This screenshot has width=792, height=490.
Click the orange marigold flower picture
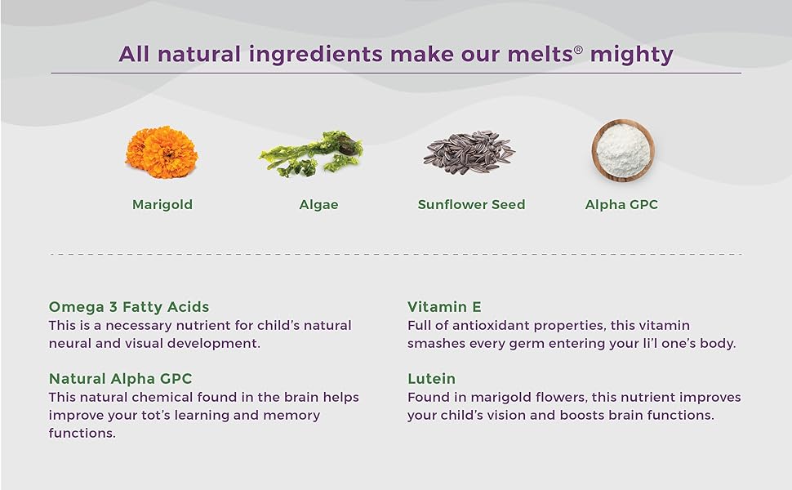pyautogui.click(x=161, y=152)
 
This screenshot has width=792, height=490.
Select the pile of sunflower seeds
pyautogui.click(x=469, y=152)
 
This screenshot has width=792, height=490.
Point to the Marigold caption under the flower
pyautogui.click(x=162, y=205)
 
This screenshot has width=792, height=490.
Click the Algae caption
pyautogui.click(x=318, y=205)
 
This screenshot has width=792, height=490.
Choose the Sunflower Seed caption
pyautogui.click(x=471, y=205)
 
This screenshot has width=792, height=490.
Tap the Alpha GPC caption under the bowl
pyautogui.click(x=621, y=205)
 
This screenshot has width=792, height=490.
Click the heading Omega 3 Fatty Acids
pyautogui.click(x=129, y=307)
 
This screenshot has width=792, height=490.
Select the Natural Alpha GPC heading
pyautogui.click(x=120, y=379)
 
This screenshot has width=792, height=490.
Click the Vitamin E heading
pyautogui.click(x=444, y=307)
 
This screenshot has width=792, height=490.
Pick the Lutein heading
pyautogui.click(x=431, y=379)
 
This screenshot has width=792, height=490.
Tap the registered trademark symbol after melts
pyautogui.click(x=578, y=50)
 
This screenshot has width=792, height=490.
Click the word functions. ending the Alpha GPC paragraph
pyautogui.click(x=82, y=433)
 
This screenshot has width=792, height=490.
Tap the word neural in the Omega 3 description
pyautogui.click(x=70, y=343)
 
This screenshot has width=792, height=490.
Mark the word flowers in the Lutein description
pyautogui.click(x=567, y=397)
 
